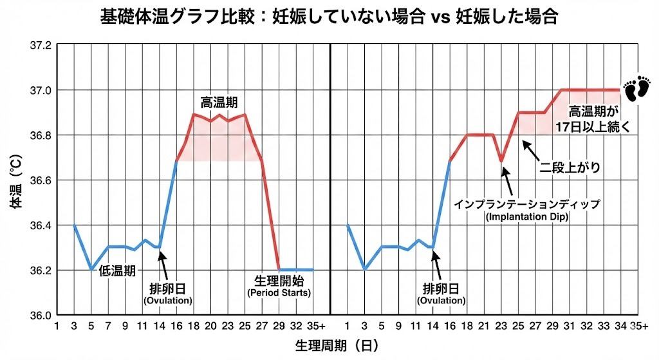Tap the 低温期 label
[x=117, y=270]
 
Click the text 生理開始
[x=279, y=281]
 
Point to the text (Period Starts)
[x=279, y=293]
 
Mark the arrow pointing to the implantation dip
[x=507, y=180]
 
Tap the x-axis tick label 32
[x=295, y=325]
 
